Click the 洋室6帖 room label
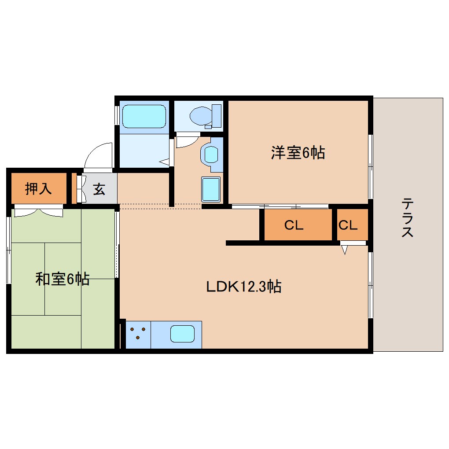click(x=298, y=153)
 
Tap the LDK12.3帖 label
click(x=244, y=287)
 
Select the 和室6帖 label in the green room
click(x=63, y=279)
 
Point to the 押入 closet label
click(x=38, y=188)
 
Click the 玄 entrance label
click(x=99, y=189)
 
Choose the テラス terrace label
click(x=407, y=218)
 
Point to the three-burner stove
click(x=138, y=333)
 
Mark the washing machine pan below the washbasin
click(x=211, y=189)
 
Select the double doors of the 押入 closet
click(x=38, y=212)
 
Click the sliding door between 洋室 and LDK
click(x=280, y=206)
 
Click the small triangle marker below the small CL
click(x=345, y=250)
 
